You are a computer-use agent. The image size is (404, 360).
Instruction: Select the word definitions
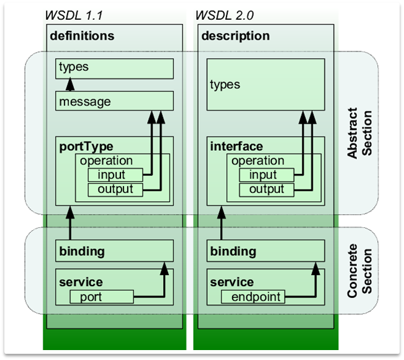click(82, 35)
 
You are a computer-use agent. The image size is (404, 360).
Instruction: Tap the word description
click(236, 35)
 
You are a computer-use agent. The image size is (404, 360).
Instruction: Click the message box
click(115, 101)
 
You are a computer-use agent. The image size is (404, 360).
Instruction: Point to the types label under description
click(225, 84)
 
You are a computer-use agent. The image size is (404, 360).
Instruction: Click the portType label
click(86, 146)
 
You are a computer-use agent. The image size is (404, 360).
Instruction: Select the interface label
click(236, 146)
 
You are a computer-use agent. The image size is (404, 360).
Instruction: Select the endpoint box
click(253, 297)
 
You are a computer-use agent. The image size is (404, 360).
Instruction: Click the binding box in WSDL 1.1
click(115, 251)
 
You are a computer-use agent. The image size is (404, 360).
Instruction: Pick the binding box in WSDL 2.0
click(266, 251)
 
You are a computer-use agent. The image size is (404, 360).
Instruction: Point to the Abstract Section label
click(359, 134)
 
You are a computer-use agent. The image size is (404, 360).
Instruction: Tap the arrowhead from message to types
click(70, 84)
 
